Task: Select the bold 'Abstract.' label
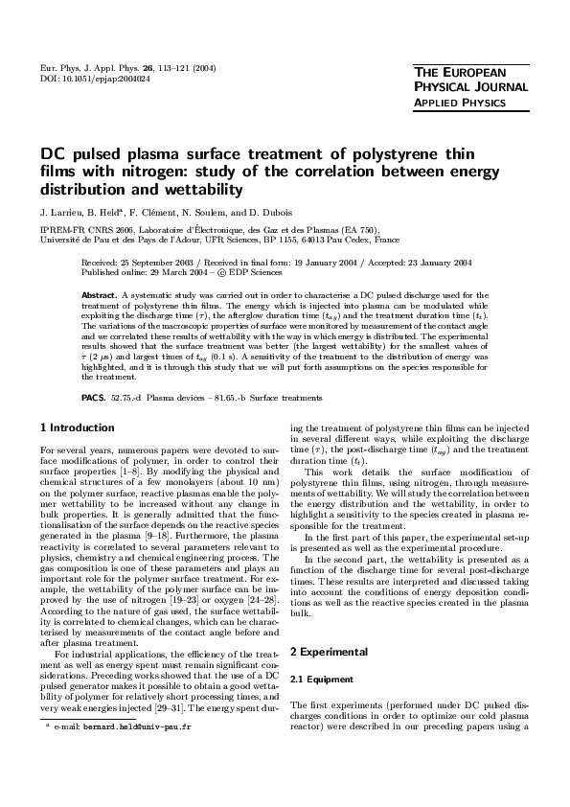99,295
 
